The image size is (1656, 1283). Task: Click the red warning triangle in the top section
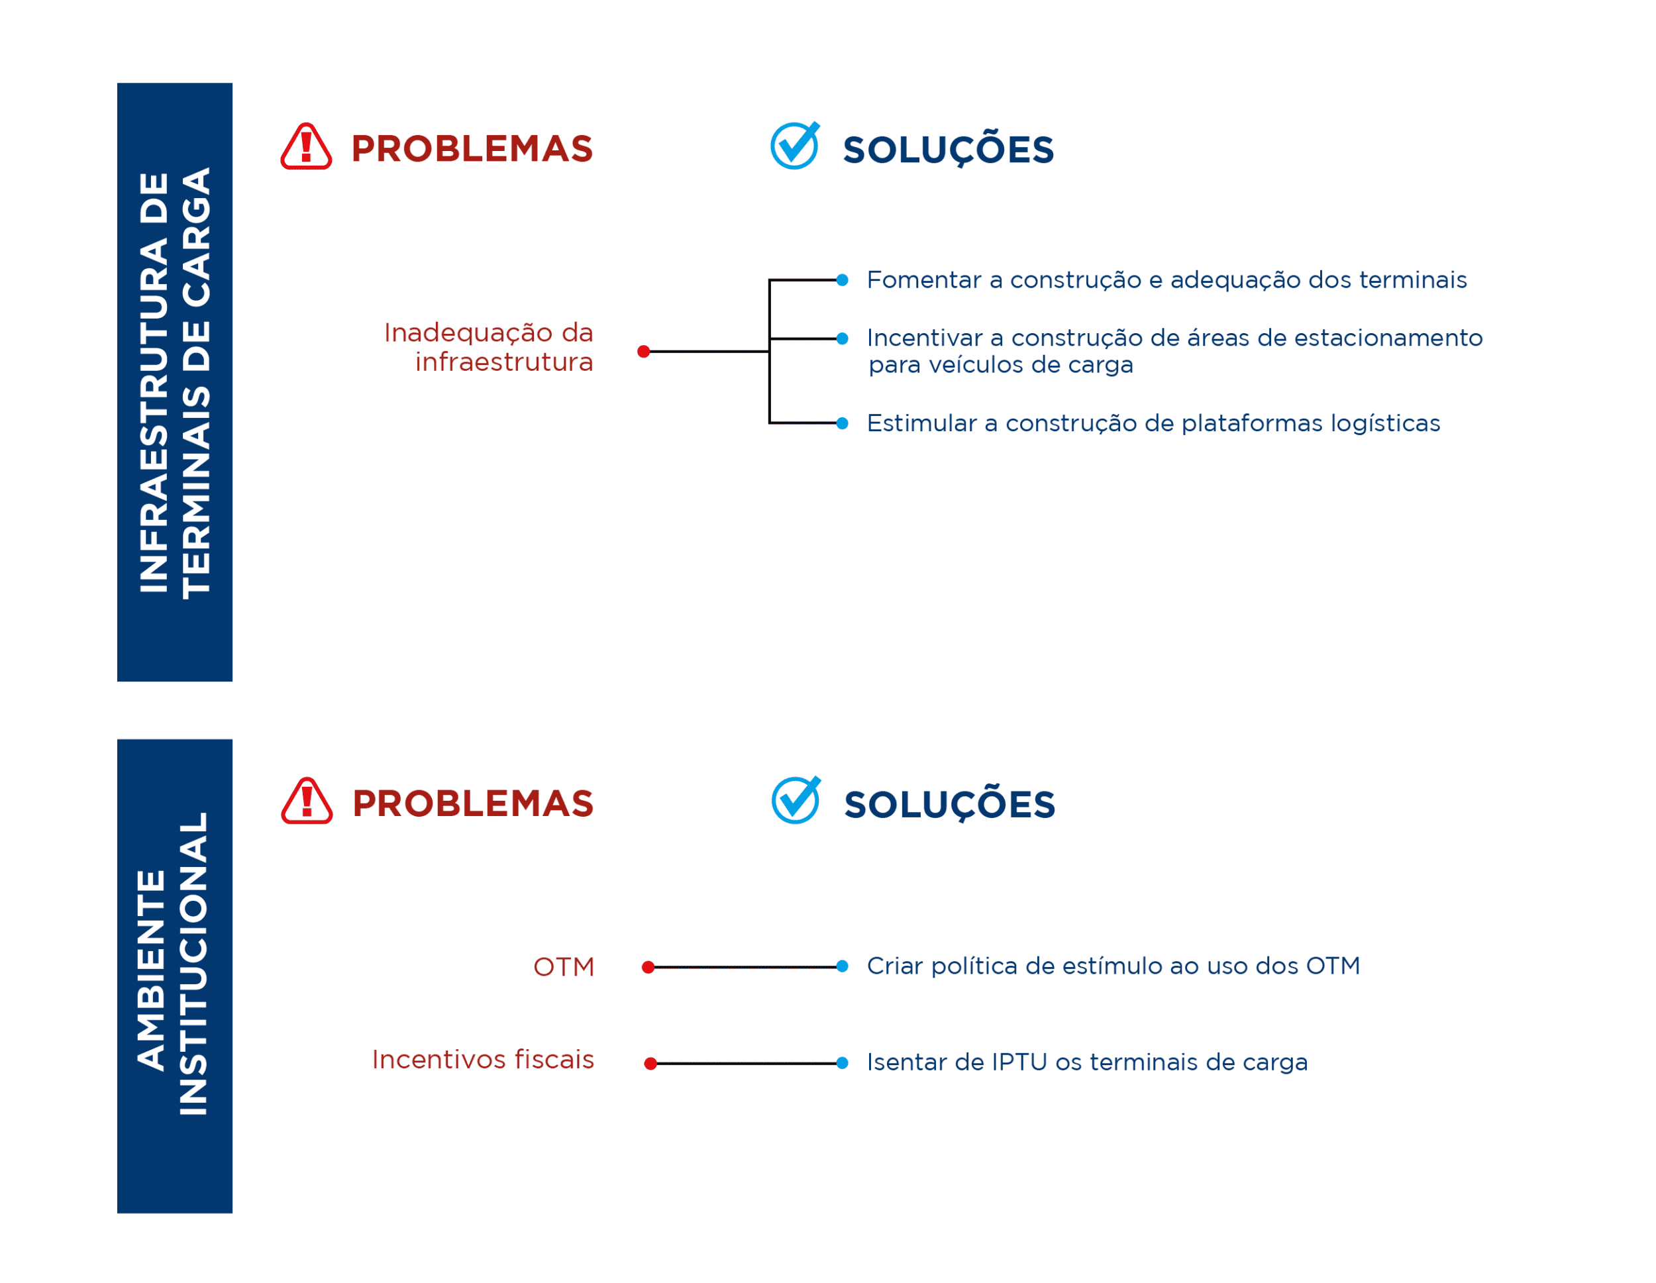tap(306, 146)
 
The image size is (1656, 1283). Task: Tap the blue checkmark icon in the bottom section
tap(796, 800)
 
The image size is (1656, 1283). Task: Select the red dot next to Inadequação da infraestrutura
tap(644, 352)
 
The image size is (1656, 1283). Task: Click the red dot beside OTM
tap(648, 968)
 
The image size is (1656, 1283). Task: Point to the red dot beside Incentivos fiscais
tap(650, 1064)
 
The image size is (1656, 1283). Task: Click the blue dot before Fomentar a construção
tap(843, 281)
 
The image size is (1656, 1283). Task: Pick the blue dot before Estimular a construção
tap(843, 423)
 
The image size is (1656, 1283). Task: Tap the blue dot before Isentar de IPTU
tap(843, 1063)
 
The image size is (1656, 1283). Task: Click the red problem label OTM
tap(564, 968)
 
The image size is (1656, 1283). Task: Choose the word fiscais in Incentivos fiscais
tap(554, 1059)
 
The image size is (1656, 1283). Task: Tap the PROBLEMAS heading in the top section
tap(472, 148)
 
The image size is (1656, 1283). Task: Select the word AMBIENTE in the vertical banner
tap(152, 970)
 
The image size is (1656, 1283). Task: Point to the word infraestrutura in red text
tap(504, 362)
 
